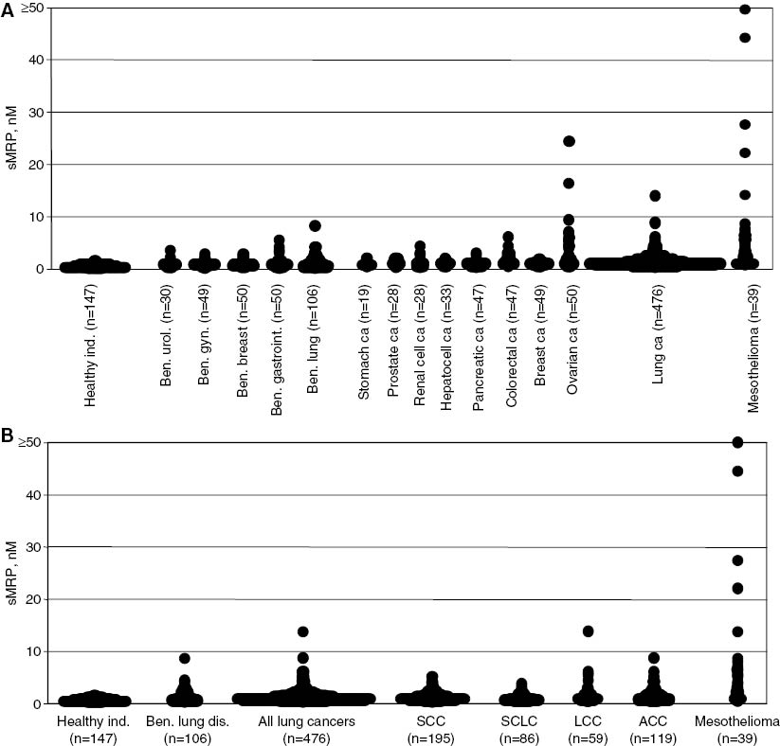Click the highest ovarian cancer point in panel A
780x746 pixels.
coord(569,141)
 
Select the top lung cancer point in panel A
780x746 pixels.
coord(655,196)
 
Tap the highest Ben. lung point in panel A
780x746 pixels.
coord(315,225)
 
